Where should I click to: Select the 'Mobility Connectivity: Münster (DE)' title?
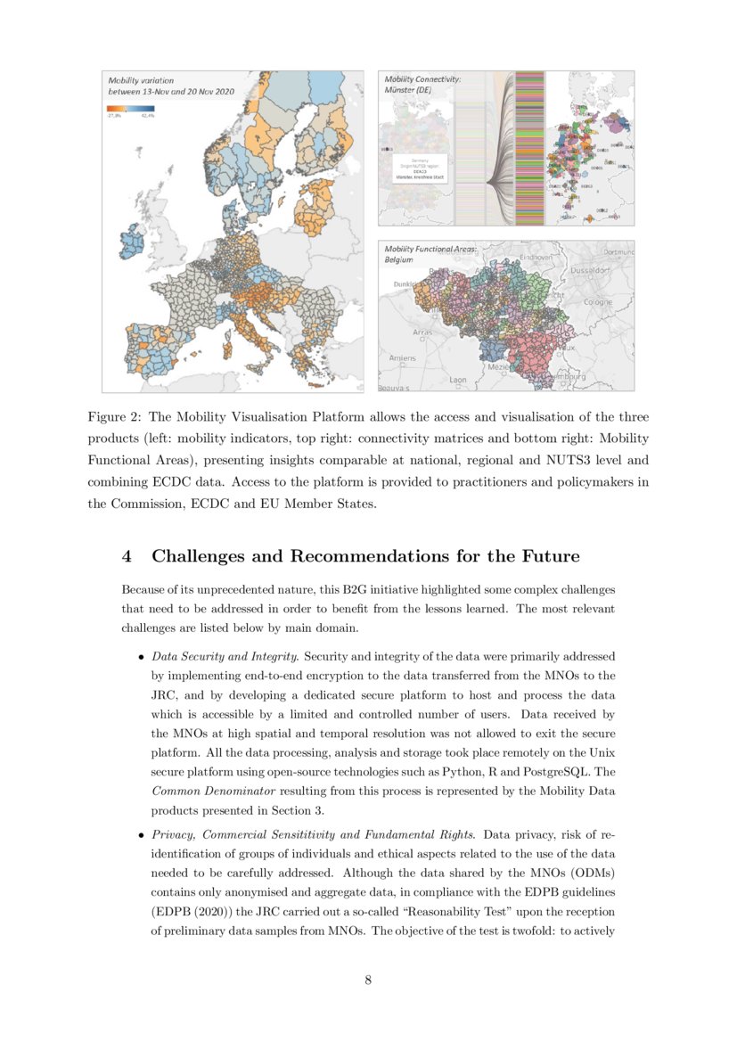coord(422,85)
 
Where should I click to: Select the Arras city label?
coord(422,332)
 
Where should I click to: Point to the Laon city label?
coord(457,380)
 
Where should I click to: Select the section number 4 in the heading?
coord(127,556)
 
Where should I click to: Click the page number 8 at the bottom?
coord(368,980)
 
